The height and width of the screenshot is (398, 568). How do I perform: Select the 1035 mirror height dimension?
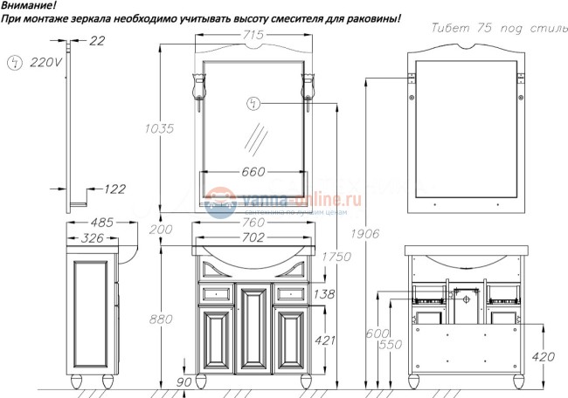[160, 128]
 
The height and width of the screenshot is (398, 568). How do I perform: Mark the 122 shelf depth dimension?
[114, 189]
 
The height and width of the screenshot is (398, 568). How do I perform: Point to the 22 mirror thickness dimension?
[97, 40]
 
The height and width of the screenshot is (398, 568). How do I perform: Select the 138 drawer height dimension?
[324, 295]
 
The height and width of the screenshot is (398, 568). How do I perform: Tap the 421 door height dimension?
[324, 340]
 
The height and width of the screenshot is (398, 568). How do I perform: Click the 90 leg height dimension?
[184, 381]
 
